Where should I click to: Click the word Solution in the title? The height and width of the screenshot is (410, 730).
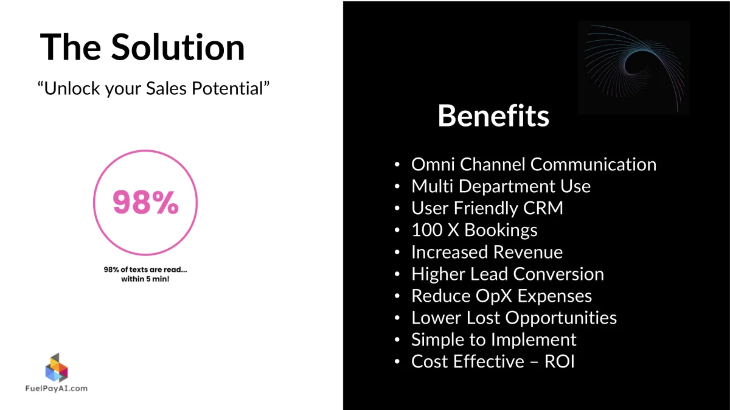[178, 47]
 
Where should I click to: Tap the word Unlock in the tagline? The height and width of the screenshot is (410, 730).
[72, 88]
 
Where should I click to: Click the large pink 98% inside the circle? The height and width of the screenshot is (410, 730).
[145, 202]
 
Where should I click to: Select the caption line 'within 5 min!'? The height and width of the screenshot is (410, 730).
[145, 279]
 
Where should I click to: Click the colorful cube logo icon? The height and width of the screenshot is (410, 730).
[57, 367]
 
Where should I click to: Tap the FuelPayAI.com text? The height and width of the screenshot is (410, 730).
[57, 389]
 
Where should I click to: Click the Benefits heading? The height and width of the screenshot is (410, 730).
[493, 116]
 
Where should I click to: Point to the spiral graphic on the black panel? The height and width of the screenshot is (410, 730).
[634, 68]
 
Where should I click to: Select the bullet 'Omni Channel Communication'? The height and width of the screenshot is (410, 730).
[534, 164]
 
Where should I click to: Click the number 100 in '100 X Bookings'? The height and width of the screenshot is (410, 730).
[427, 230]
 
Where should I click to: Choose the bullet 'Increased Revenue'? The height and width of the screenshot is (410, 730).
[487, 252]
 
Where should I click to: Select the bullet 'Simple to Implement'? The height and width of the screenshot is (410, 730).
[494, 340]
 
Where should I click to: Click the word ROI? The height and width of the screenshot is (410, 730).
[559, 361]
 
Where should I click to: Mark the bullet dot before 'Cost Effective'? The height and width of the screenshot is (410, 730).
[397, 361]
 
